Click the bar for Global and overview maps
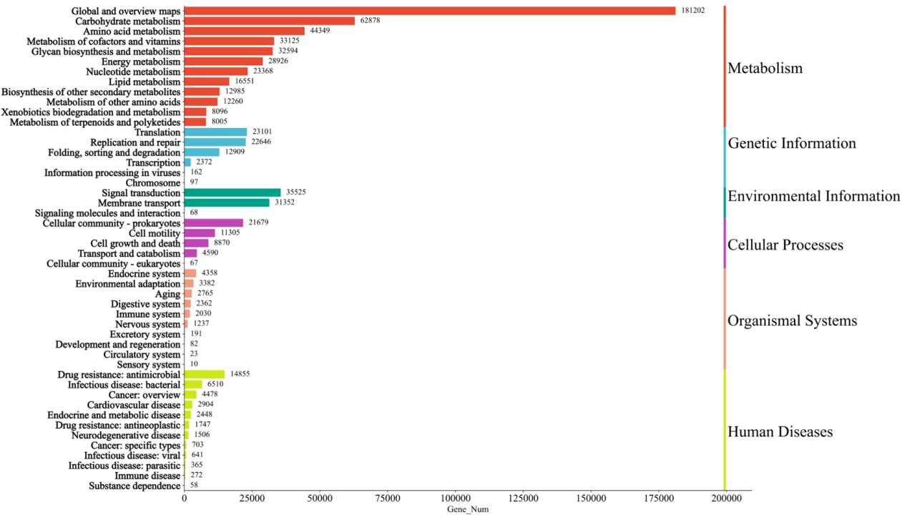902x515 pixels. point(429,11)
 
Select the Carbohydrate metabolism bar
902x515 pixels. point(270,21)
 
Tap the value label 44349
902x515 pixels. point(320,31)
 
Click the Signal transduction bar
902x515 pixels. point(232,192)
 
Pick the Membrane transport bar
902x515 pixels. point(227,202)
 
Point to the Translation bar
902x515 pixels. point(215,132)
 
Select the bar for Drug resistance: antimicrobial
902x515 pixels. point(205,374)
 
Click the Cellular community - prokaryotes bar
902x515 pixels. point(214,223)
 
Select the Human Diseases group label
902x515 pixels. point(780,432)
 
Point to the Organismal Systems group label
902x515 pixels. point(792,321)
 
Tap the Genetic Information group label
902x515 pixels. point(791,143)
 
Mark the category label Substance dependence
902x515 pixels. point(134,486)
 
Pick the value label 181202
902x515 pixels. point(693,11)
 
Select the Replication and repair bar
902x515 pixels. point(215,142)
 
